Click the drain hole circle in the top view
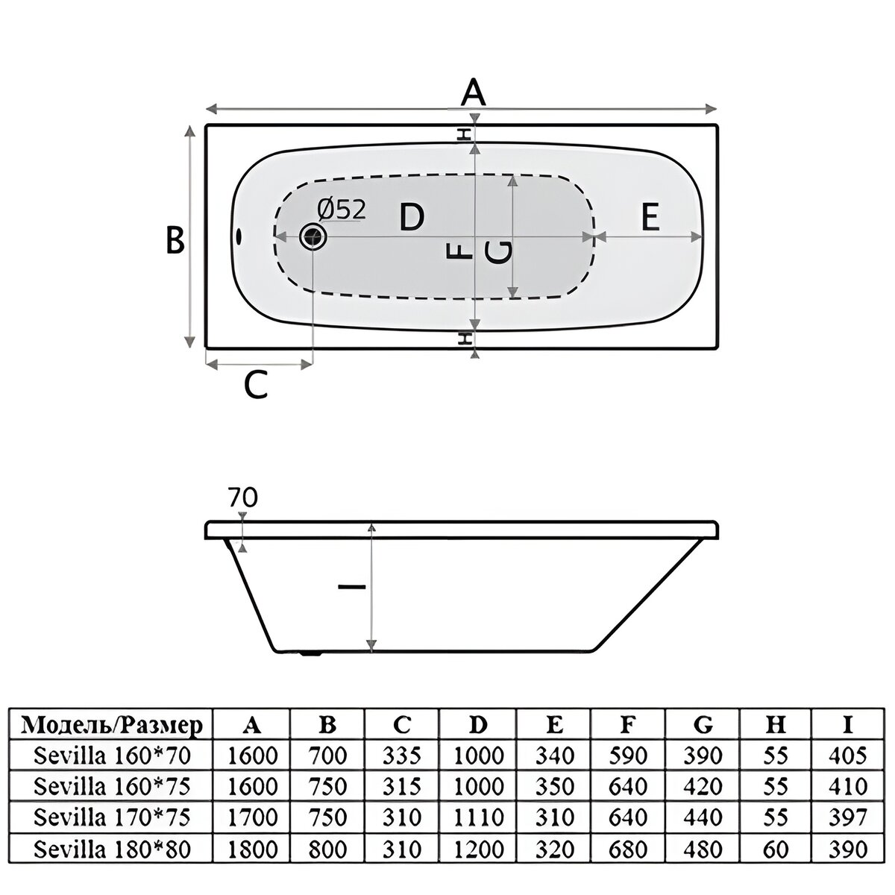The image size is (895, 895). pos(313,237)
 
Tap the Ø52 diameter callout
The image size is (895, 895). pos(342,210)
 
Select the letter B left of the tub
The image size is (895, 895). pos(175,240)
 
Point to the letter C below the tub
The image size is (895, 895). pos(256,385)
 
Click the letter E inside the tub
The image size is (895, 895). pos(650,216)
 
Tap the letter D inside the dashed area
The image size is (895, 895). pos(412,216)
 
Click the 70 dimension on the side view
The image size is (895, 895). pos(242,498)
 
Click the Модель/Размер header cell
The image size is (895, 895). pos(113,725)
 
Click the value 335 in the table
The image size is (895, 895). pos(402,756)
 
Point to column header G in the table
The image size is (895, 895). pos(703,726)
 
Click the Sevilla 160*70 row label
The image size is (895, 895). pos(113,756)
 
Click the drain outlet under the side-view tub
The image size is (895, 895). pos(312,654)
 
